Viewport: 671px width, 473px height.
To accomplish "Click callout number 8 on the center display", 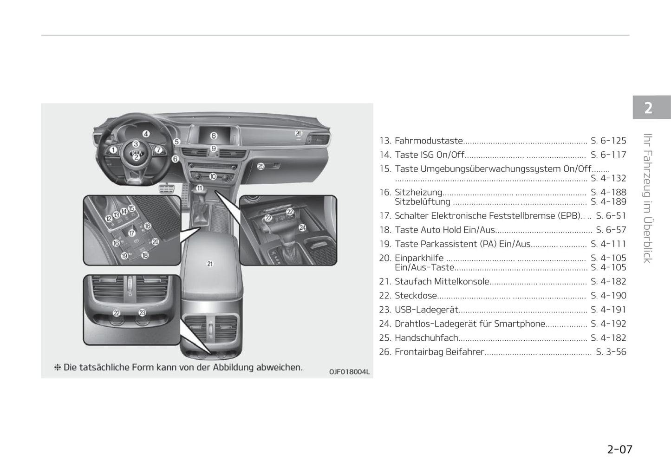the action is pyautogui.click(x=214, y=136).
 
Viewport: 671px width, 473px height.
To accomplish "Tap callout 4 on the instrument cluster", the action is pyautogui.click(x=146, y=134).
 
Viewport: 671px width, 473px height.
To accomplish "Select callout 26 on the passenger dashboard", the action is pyautogui.click(x=299, y=133).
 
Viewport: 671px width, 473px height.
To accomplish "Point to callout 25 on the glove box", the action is pyautogui.click(x=261, y=166).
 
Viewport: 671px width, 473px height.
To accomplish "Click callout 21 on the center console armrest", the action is pyautogui.click(x=210, y=264).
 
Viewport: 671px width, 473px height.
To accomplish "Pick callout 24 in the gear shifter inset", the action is pyautogui.click(x=303, y=227).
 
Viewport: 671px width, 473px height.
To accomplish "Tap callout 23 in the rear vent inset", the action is pyautogui.click(x=142, y=313).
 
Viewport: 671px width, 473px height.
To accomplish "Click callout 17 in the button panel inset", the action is pyautogui.click(x=132, y=233).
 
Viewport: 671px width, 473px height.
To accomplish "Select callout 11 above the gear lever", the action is pyautogui.click(x=200, y=188).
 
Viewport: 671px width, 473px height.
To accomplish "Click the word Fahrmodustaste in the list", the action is pyautogui.click(x=429, y=140).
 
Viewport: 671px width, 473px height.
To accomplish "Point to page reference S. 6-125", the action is pyautogui.click(x=608, y=140).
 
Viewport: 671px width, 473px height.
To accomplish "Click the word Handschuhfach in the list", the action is pyautogui.click(x=426, y=337).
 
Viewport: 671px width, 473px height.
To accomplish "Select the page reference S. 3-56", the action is pyautogui.click(x=611, y=352).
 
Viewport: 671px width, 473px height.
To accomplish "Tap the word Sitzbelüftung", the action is pyautogui.click(x=423, y=202).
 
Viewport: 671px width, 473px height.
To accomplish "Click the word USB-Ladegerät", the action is pyautogui.click(x=427, y=310).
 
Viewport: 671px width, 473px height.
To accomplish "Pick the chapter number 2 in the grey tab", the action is pyautogui.click(x=648, y=108).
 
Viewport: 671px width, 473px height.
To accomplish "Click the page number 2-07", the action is pyautogui.click(x=619, y=449).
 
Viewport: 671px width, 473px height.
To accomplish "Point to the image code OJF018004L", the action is pyautogui.click(x=349, y=372).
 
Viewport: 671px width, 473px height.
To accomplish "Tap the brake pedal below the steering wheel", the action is pyautogui.click(x=167, y=189).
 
